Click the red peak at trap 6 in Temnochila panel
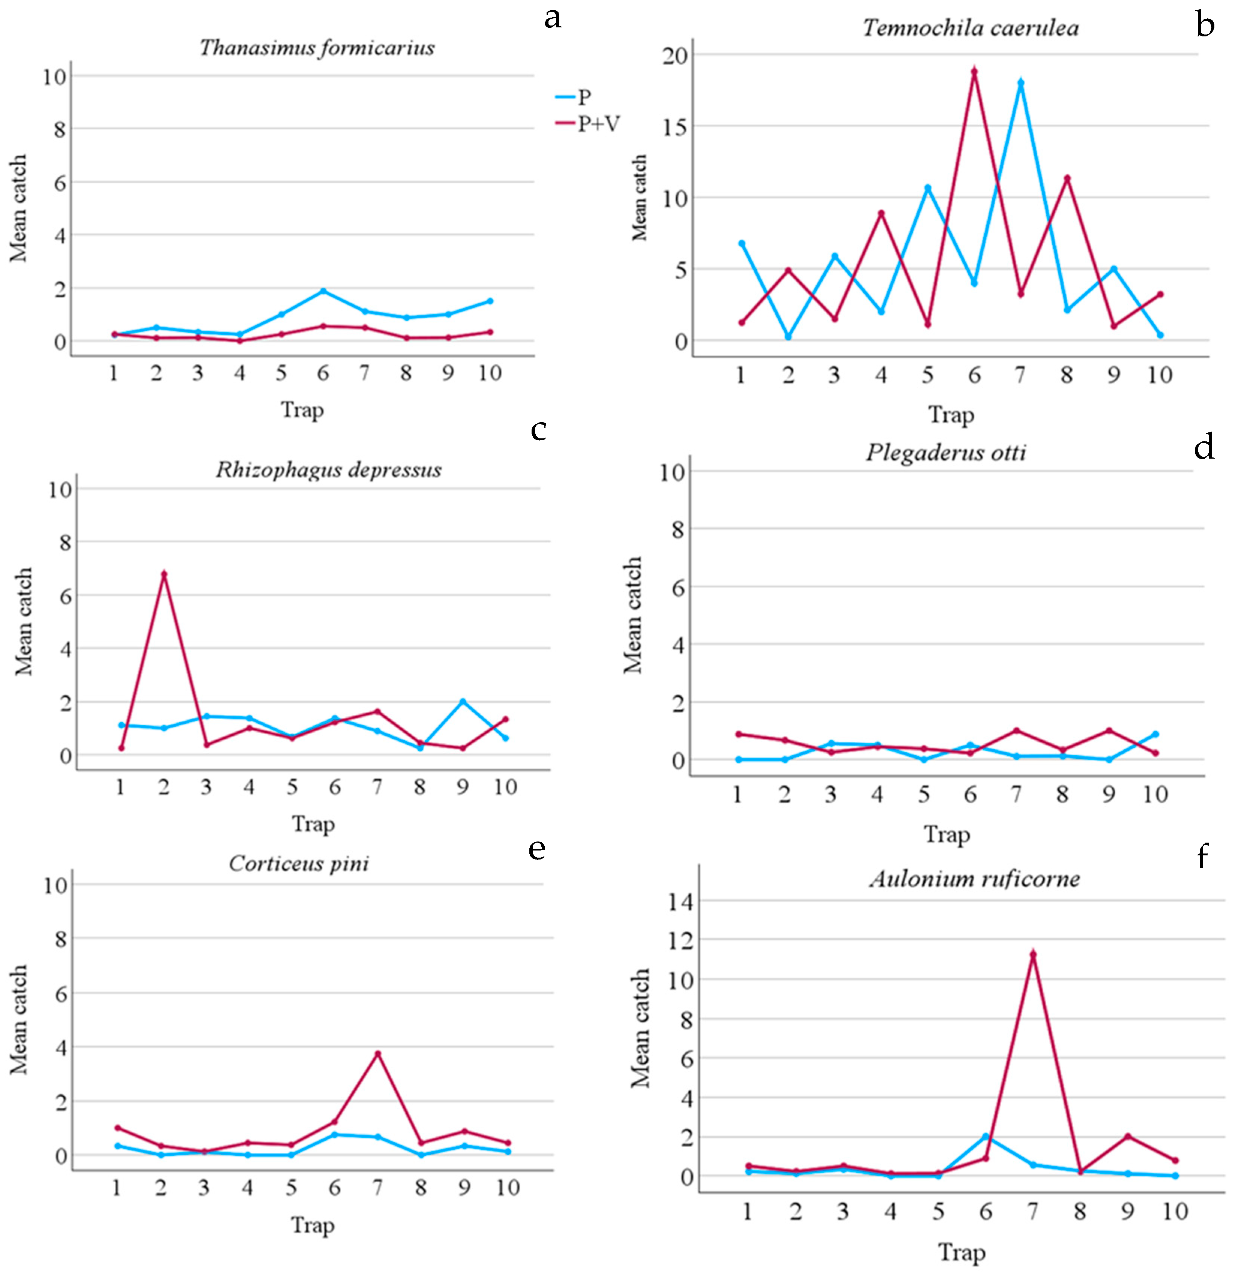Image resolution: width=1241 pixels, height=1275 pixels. pyautogui.click(x=974, y=72)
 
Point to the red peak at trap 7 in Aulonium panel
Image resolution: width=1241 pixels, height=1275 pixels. pyautogui.click(x=1033, y=955)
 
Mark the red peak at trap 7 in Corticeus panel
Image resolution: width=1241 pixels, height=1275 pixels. pyautogui.click(x=377, y=1053)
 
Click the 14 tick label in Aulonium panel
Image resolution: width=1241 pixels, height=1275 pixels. pyautogui.click(x=680, y=901)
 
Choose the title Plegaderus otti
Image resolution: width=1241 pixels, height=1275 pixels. pyautogui.click(x=946, y=452)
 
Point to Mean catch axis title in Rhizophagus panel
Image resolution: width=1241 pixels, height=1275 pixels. pyautogui.click(x=24, y=621)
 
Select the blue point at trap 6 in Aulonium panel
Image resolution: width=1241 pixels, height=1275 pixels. pyautogui.click(x=986, y=1136)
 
